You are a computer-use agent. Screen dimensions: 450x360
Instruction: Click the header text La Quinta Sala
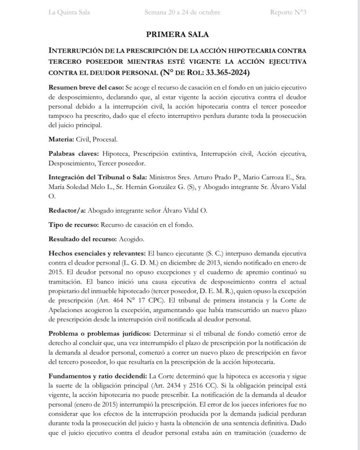click(x=69, y=12)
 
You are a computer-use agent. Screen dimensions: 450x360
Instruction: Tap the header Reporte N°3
click(x=288, y=12)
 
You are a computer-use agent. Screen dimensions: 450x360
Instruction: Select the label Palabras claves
click(x=74, y=154)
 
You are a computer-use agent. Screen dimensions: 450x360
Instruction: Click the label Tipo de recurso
click(x=73, y=225)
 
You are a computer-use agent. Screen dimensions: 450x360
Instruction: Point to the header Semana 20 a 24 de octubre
click(x=182, y=12)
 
